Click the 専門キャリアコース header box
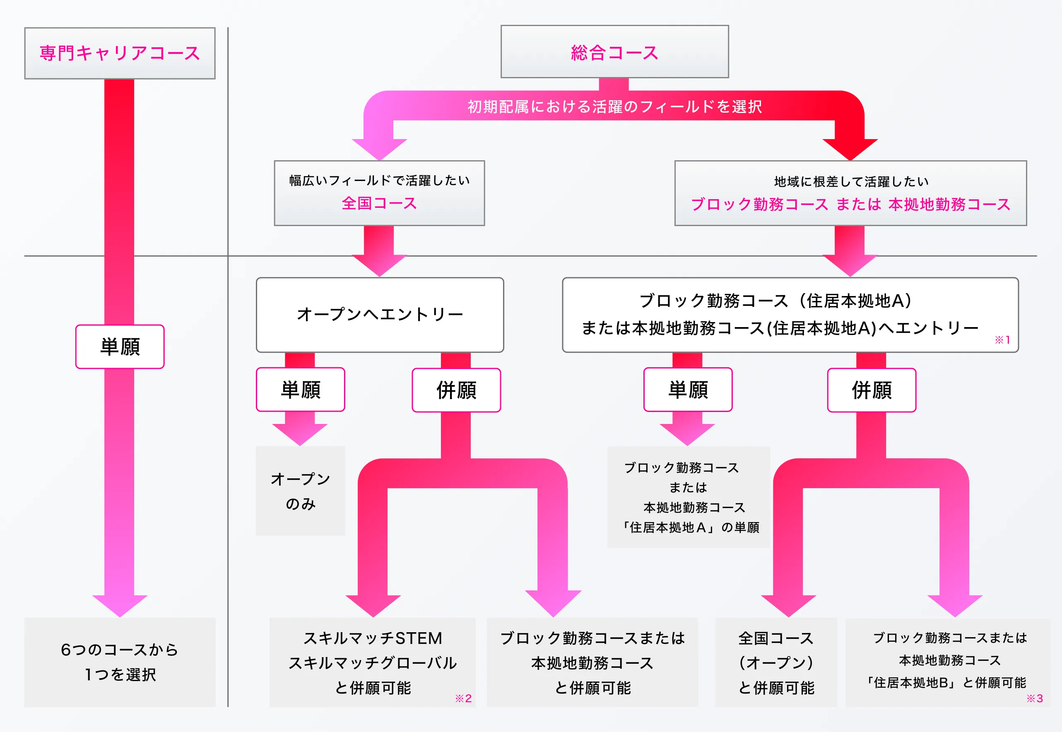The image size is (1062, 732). click(x=120, y=53)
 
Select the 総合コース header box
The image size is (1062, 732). click(x=614, y=52)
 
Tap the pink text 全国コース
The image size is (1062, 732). click(x=379, y=203)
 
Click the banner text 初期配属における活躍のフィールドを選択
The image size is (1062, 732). click(x=614, y=106)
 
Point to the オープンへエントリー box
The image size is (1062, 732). click(x=380, y=315)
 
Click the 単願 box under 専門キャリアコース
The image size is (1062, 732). click(x=120, y=347)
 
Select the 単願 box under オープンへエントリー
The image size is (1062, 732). click(x=300, y=389)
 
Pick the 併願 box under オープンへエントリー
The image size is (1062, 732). click(x=456, y=390)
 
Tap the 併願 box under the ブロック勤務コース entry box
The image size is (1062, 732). click(x=871, y=390)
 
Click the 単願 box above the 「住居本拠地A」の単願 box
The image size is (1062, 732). click(x=688, y=389)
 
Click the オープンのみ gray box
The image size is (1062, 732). click(x=300, y=491)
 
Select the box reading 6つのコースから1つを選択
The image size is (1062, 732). click(x=120, y=662)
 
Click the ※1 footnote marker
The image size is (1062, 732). click(x=1002, y=340)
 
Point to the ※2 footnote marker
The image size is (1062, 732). click(x=463, y=698)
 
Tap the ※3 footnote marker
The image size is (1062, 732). click(x=1035, y=698)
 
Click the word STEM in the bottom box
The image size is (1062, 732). click(x=419, y=638)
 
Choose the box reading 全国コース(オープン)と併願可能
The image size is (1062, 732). click(x=776, y=662)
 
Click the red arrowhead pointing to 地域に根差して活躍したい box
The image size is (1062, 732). click(x=850, y=148)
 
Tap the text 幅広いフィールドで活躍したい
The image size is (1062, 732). click(x=379, y=180)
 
